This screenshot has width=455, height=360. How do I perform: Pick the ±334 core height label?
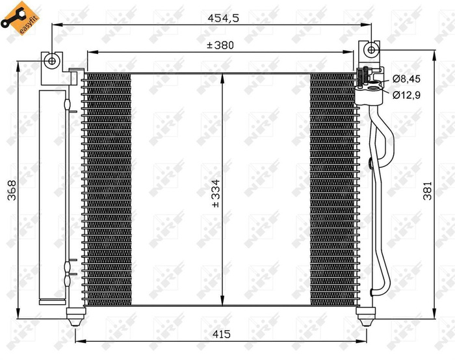[216, 192]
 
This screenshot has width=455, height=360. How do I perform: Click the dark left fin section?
[108, 188]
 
